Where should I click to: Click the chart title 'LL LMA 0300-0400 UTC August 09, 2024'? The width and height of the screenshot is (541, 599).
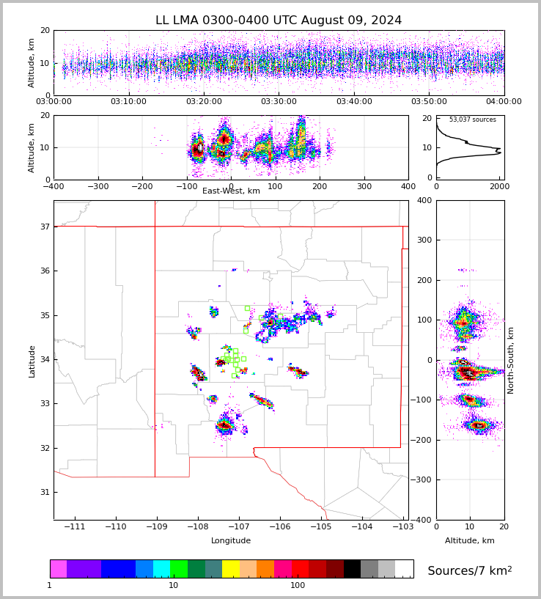279,21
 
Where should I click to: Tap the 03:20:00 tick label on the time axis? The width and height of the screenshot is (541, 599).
204,102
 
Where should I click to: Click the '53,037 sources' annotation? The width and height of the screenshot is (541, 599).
472,120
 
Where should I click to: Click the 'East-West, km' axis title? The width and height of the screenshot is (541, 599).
231,191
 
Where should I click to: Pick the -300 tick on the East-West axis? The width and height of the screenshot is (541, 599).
97,186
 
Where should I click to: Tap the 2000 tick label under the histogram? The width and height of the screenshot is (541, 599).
500,186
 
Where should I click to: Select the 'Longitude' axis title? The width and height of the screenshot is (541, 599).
231,541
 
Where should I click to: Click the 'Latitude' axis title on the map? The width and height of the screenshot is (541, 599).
32,361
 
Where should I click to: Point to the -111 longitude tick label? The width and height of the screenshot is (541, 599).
75,527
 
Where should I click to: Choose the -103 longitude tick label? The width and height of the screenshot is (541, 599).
402,527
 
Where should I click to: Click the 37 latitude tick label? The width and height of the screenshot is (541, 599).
44,227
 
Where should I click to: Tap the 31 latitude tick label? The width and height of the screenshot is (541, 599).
44,492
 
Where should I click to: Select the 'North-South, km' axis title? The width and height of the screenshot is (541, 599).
511,360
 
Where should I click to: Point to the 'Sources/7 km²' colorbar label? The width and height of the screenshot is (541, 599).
469,570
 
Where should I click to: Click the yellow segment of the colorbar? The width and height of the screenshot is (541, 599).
231,569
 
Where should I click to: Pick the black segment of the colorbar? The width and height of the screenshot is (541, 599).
352,569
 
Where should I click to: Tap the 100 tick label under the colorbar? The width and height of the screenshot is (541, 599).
298,585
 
